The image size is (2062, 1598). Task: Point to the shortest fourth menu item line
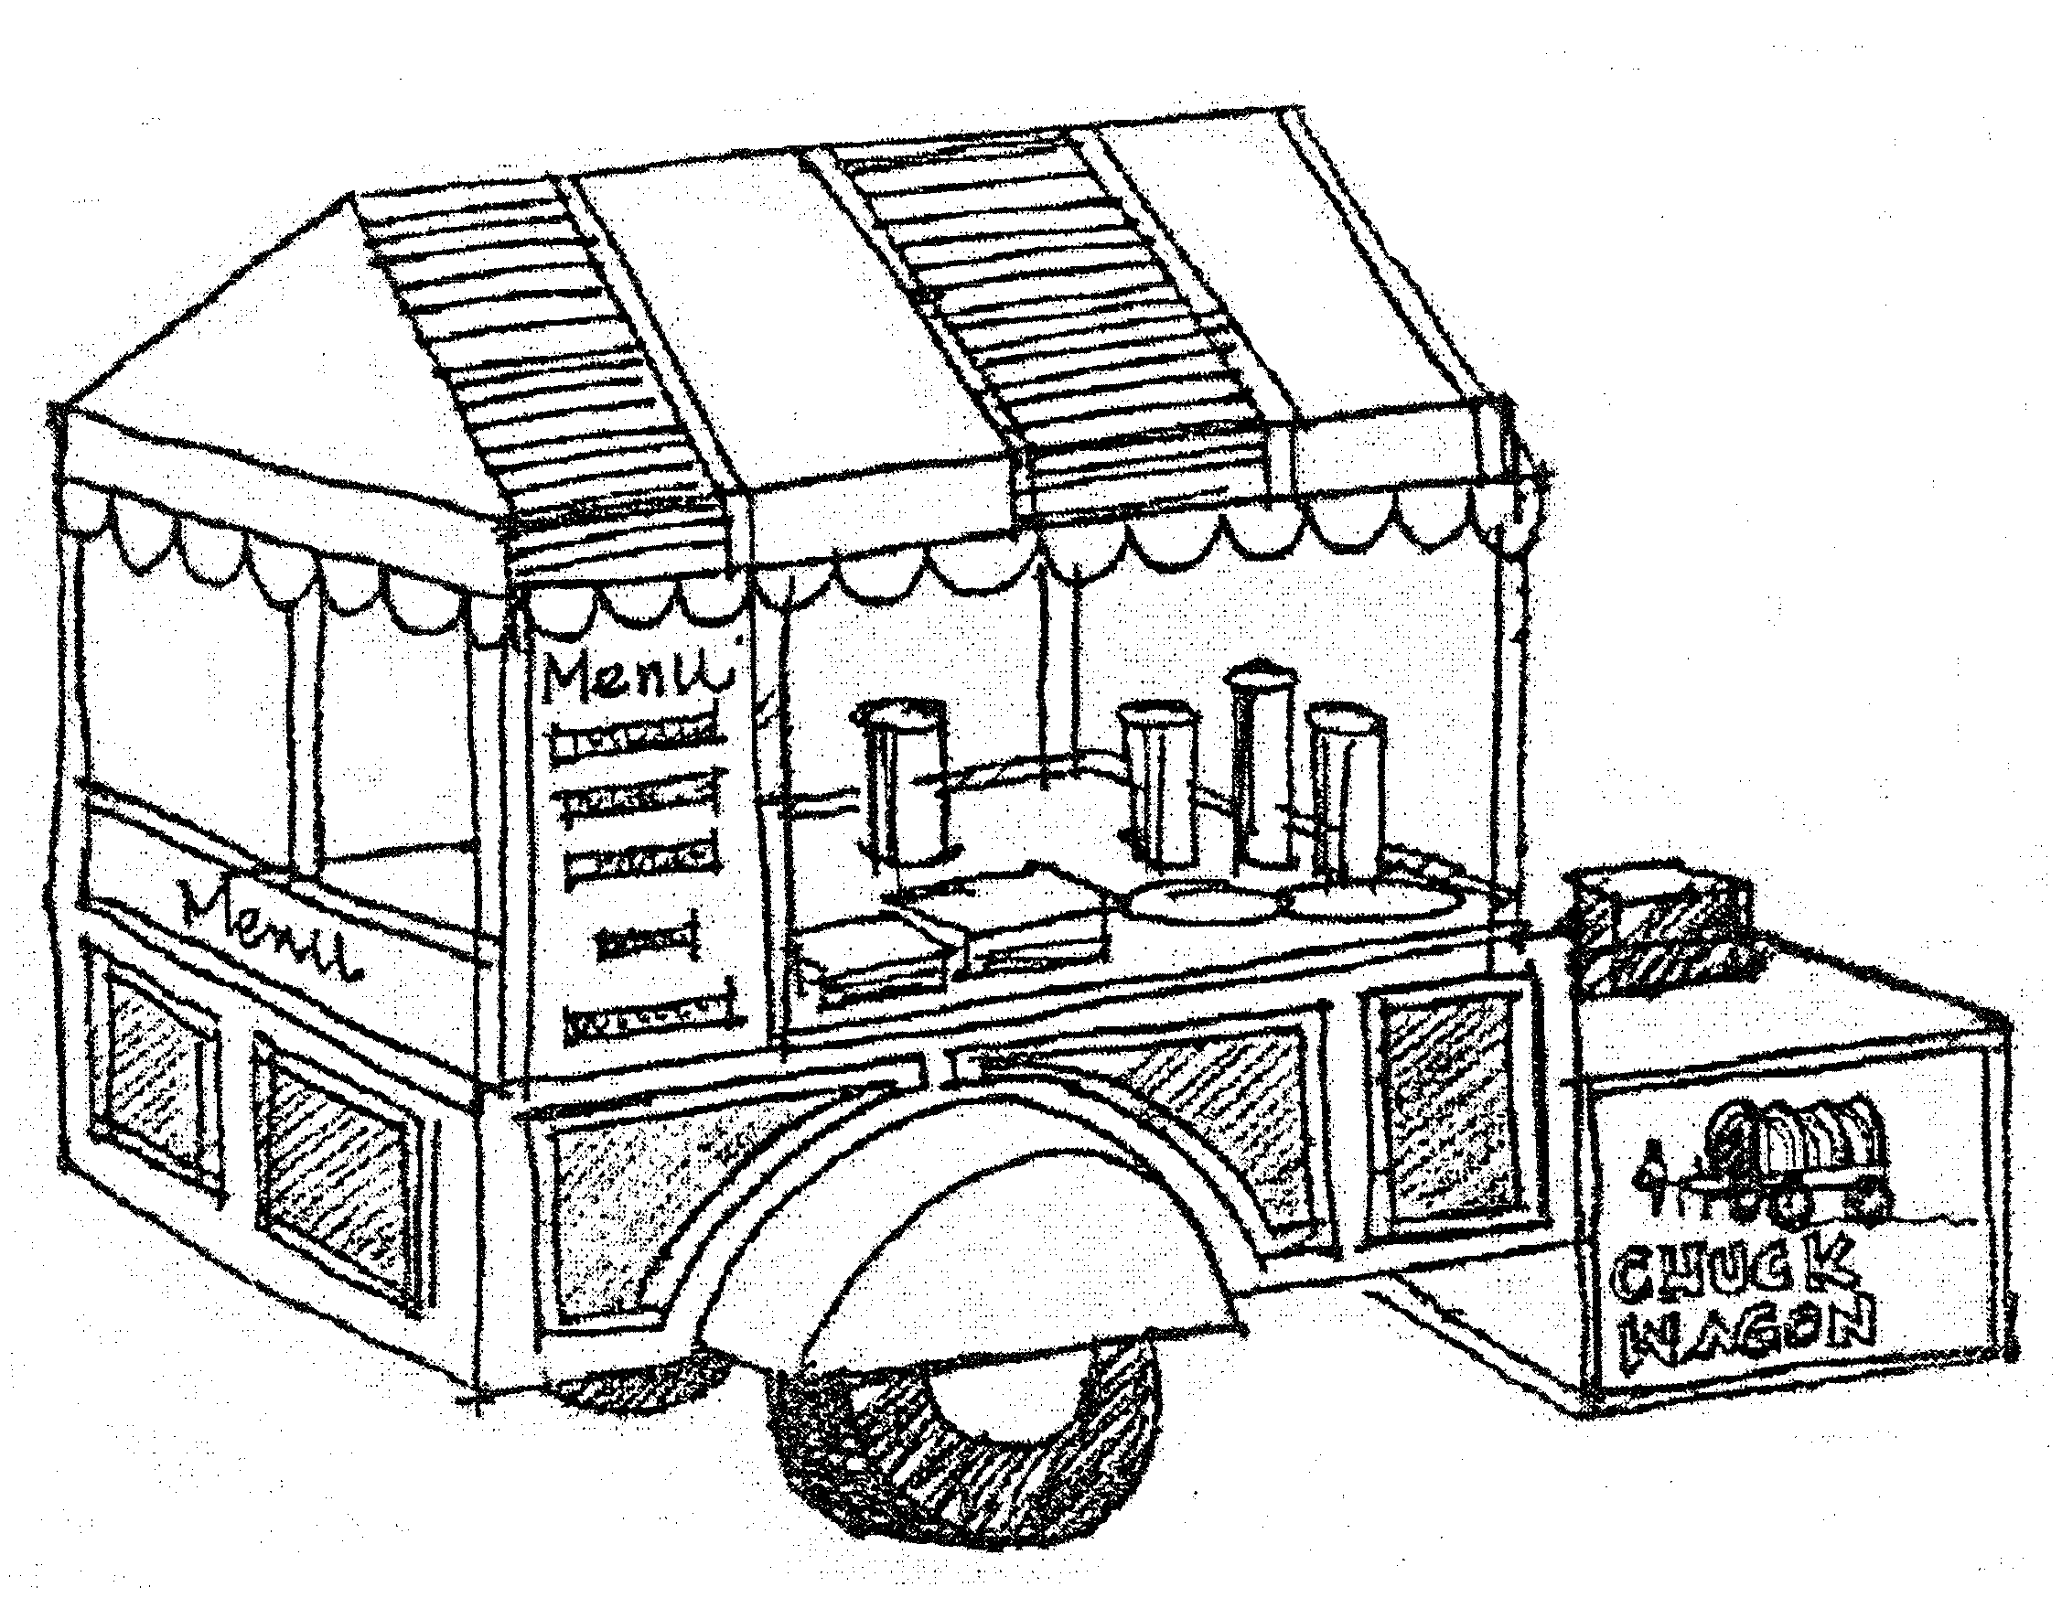pos(647,939)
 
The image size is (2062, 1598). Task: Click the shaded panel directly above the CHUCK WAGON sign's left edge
pos(1435,1114)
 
